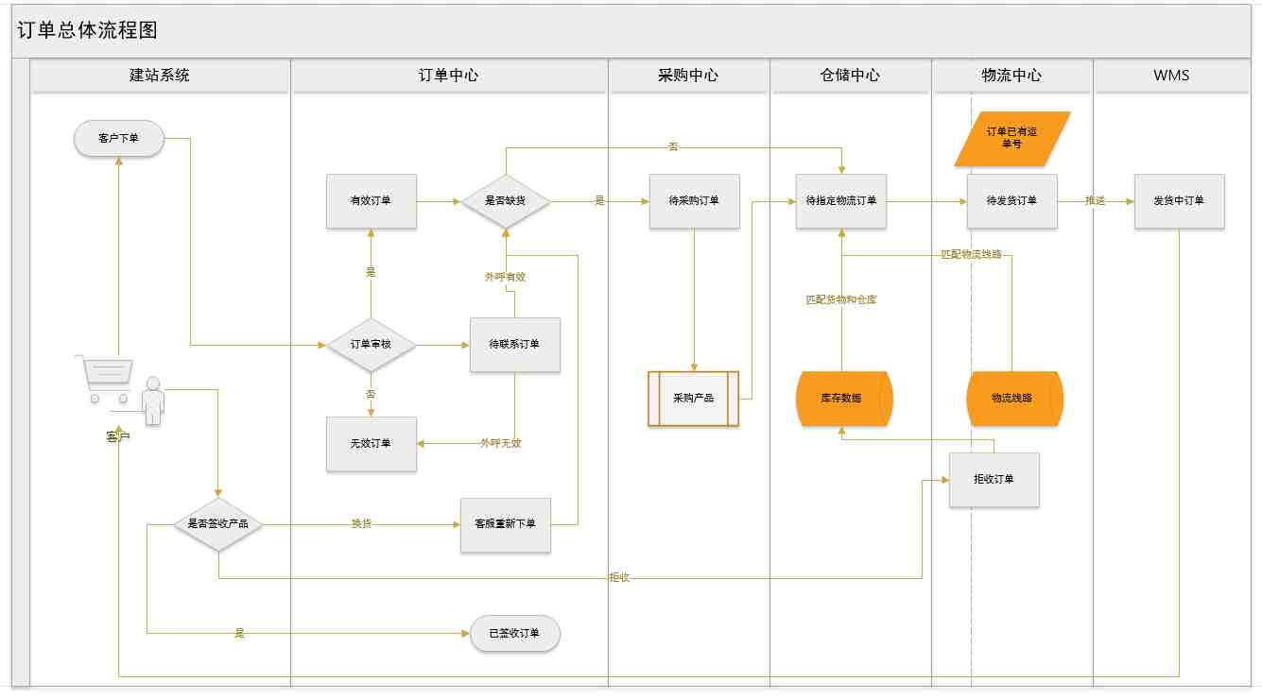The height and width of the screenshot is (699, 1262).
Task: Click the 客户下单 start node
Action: [x=119, y=139]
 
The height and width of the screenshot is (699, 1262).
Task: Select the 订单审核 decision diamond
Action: [x=371, y=345]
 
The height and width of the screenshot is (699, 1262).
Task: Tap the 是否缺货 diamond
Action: [x=506, y=201]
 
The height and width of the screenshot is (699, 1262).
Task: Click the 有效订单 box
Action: [x=372, y=201]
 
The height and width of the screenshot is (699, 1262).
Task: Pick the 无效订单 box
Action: [x=372, y=444]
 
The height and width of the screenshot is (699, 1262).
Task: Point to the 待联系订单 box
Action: [x=515, y=345]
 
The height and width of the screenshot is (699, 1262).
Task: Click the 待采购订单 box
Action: [x=694, y=201]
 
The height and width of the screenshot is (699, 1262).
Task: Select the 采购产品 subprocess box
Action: [x=694, y=399]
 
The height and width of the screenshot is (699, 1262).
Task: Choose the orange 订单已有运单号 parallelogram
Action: [x=1012, y=139]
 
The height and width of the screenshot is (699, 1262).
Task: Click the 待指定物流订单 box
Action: [x=841, y=201]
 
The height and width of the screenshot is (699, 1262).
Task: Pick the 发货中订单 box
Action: [x=1179, y=201]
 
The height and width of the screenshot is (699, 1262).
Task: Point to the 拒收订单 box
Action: [x=994, y=480]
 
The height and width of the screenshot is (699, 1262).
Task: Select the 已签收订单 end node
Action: [x=515, y=634]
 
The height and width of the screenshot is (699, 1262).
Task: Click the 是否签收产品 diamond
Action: [x=218, y=524]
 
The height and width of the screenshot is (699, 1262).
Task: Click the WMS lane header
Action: [x=1171, y=76]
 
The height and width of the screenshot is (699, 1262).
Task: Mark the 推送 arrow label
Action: [x=1096, y=201]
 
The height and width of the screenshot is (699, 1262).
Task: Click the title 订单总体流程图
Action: [x=87, y=30]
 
